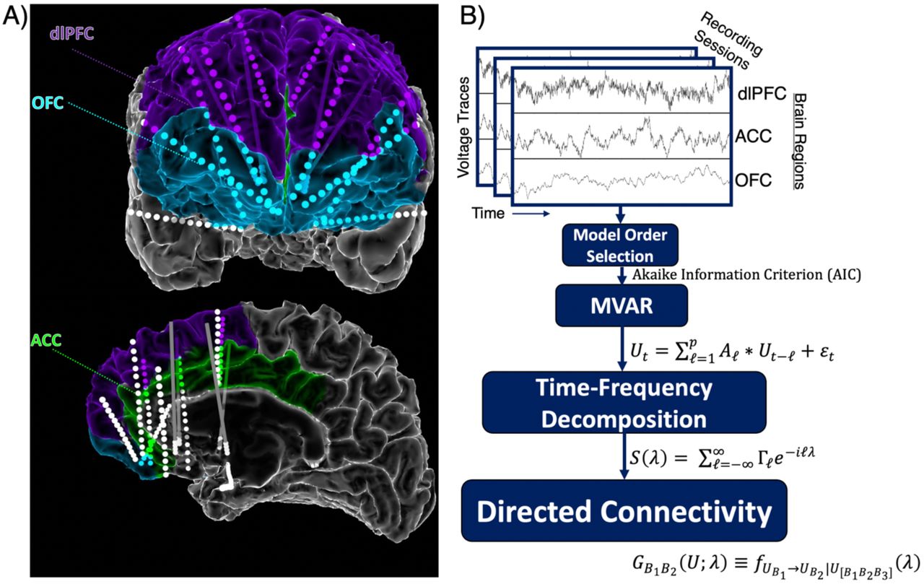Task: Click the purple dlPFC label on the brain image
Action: tap(71, 32)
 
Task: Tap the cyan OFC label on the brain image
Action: tap(48, 103)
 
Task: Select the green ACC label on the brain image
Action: tap(46, 340)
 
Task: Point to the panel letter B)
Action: tap(473, 16)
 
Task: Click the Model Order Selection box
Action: tap(620, 245)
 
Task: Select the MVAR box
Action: tap(622, 305)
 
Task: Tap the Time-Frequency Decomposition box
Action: tap(624, 402)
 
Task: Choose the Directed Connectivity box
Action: tap(624, 510)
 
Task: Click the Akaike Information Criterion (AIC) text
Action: tap(746, 275)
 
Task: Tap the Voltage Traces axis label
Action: tap(463, 127)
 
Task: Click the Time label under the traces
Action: tap(489, 213)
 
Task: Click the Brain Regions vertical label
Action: tap(799, 141)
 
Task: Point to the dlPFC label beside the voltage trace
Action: tap(762, 94)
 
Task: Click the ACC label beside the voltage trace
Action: tap(753, 136)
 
